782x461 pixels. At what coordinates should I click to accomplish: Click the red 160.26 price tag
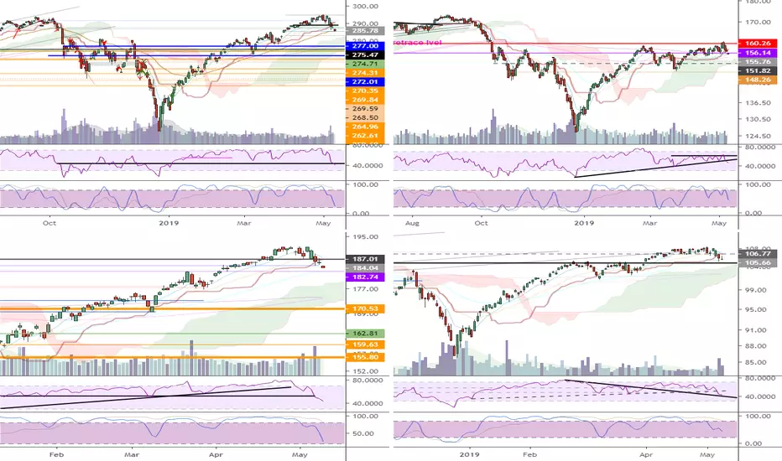coord(750,43)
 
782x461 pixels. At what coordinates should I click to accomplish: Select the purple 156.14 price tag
coord(750,52)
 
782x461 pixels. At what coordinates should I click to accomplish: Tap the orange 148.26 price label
coord(750,81)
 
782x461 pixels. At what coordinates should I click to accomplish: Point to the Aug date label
coord(412,225)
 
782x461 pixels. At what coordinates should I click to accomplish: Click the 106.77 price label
coord(750,252)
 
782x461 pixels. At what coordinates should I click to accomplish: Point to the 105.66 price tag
coord(750,262)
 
